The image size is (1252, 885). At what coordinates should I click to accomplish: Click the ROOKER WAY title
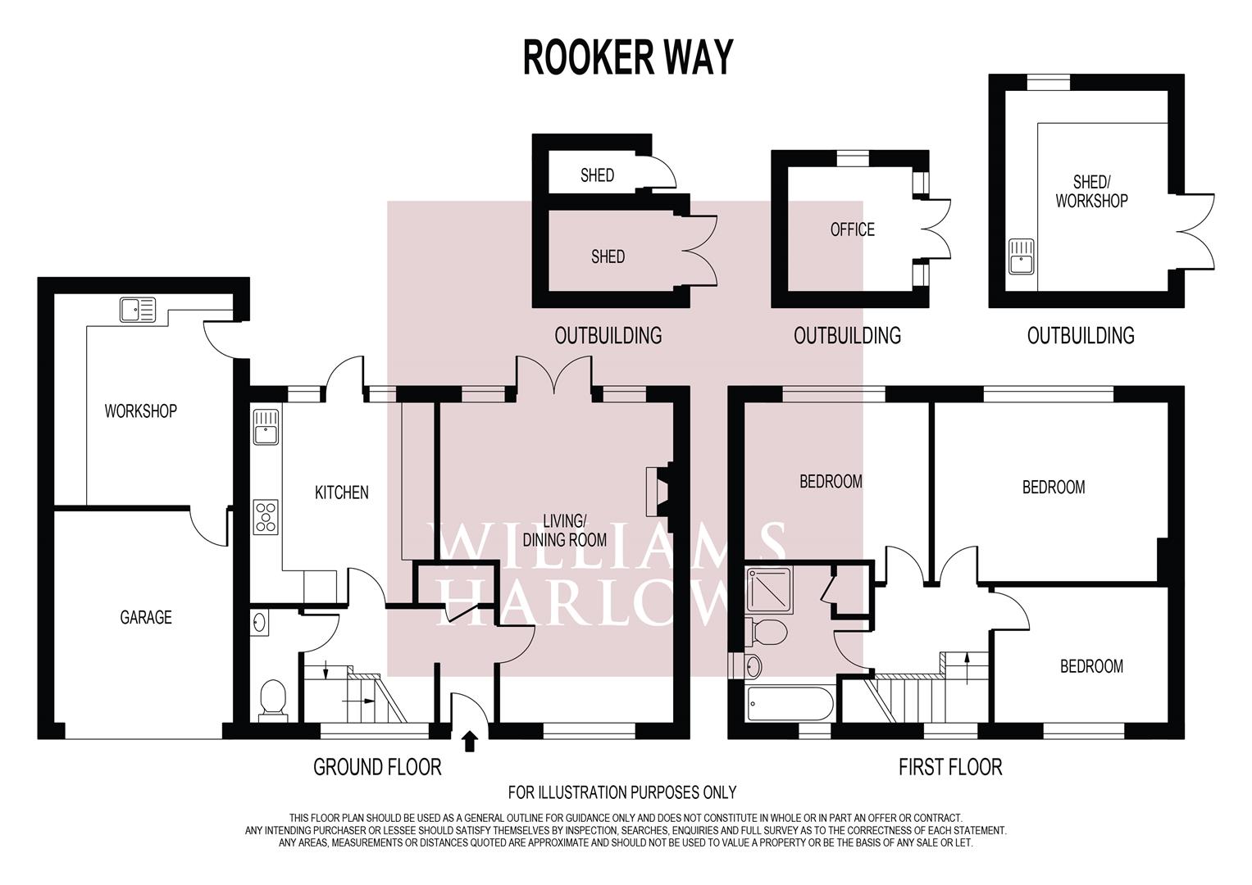627,57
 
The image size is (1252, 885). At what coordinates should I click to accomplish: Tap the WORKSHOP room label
140,411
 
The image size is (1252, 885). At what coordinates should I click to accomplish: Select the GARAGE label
146,617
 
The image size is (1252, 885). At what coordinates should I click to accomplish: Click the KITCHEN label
342,492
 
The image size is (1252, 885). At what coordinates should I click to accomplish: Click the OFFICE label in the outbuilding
852,229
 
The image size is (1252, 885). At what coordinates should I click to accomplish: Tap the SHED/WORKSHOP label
1090,191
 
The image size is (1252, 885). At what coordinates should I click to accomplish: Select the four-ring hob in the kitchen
266,517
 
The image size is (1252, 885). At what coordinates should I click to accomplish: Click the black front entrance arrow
470,742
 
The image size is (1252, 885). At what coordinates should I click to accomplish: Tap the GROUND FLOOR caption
377,768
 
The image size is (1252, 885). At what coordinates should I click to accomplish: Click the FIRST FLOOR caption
949,768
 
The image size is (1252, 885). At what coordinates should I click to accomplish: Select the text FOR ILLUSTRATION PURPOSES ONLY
621,792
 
